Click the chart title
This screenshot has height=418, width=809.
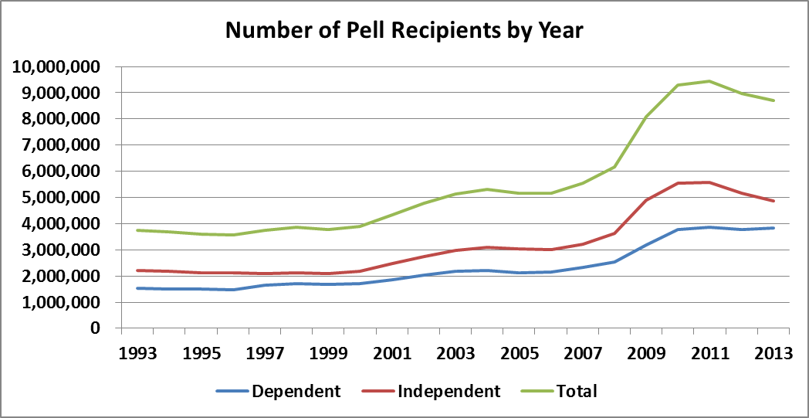tap(404, 32)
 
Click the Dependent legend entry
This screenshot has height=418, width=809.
tap(296, 391)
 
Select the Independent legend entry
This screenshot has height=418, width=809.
tap(449, 391)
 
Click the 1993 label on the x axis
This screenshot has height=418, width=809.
tap(137, 353)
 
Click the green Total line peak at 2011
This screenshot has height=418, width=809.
tap(709, 81)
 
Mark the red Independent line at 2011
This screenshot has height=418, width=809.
tap(709, 182)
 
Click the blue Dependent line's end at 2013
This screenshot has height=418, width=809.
tap(773, 228)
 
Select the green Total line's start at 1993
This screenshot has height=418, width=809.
tap(137, 230)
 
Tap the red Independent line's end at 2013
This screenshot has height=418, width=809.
tap(773, 201)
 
